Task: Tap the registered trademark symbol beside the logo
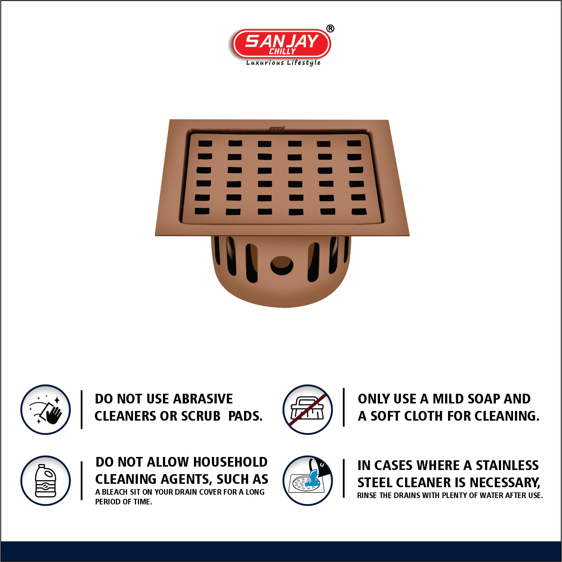tap(330, 28)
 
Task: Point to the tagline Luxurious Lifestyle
tap(283, 63)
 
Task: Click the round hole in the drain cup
tap(282, 265)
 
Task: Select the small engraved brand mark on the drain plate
tap(277, 129)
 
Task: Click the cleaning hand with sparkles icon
tap(46, 409)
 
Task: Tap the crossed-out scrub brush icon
tap(308, 409)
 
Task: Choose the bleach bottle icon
tap(46, 480)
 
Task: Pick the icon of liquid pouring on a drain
tap(308, 480)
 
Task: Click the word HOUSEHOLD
tap(230, 462)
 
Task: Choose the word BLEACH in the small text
tap(115, 492)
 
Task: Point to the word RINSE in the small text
tap(367, 495)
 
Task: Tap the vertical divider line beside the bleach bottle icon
tap(81, 480)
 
